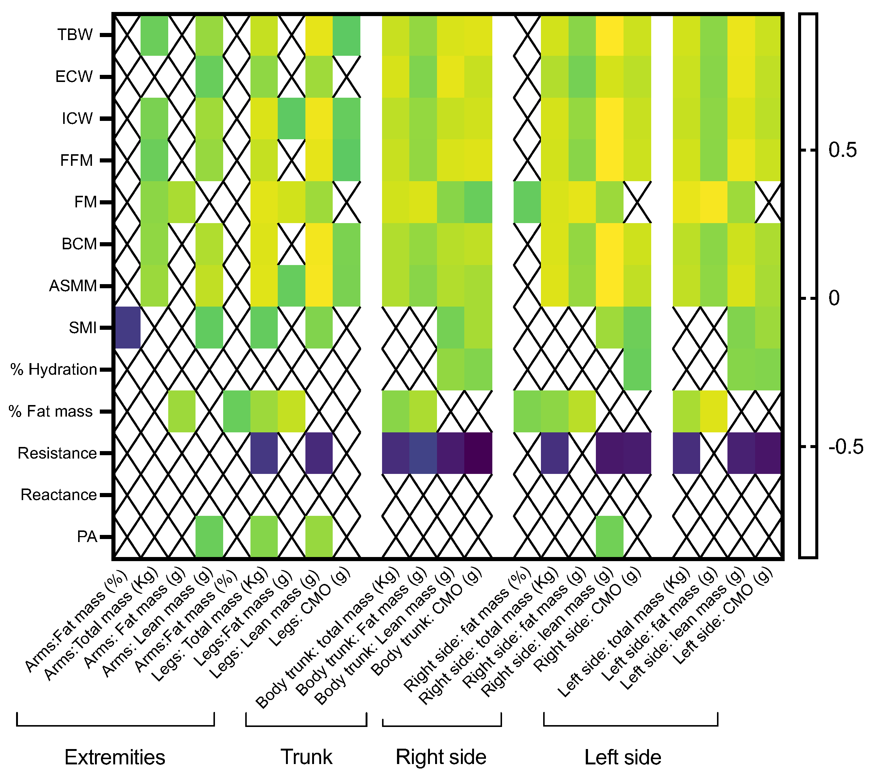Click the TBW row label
pos(75,34)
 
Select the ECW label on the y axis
pos(74,77)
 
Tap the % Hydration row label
pos(54,369)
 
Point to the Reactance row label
pos(59,495)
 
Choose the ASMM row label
pos(73,286)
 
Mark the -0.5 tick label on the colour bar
pos(846,447)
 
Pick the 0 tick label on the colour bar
pos(834,298)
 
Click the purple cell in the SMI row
pos(127,328)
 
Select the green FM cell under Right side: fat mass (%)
pos(527,202)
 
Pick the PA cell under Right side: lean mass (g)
pos(609,536)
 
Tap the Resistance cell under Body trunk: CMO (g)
pos(478,453)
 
